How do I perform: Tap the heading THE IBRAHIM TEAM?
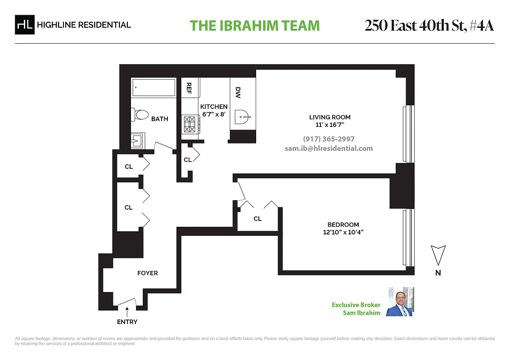pyautogui.click(x=255, y=26)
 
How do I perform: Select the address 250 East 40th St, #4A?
pyautogui.click(x=429, y=26)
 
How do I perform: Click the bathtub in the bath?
pyautogui.click(x=153, y=88)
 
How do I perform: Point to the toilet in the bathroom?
pyautogui.click(x=141, y=115)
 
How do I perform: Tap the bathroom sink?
pyautogui.click(x=138, y=141)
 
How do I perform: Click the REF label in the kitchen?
pyautogui.click(x=189, y=87)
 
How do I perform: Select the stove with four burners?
pyautogui.click(x=191, y=124)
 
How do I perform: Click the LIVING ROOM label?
pyautogui.click(x=330, y=117)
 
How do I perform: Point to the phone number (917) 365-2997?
pyautogui.click(x=329, y=139)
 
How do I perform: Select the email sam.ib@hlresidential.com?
pyautogui.click(x=329, y=148)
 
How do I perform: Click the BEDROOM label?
pyautogui.click(x=343, y=225)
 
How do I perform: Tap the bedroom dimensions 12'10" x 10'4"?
pyautogui.click(x=343, y=233)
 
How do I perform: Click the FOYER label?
pyautogui.click(x=148, y=273)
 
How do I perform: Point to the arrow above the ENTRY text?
pyautogui.click(x=127, y=310)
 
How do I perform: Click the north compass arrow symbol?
pyautogui.click(x=438, y=254)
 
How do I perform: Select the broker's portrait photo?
pyautogui.click(x=401, y=301)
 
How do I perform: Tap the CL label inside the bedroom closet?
pyautogui.click(x=257, y=219)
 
